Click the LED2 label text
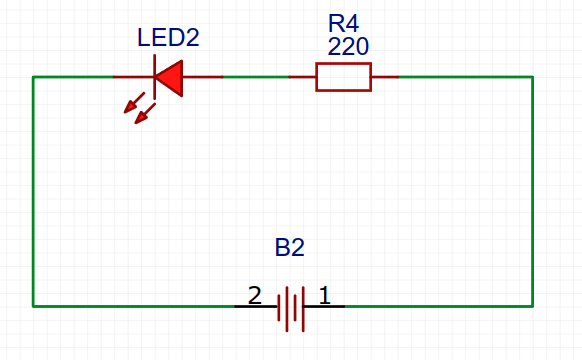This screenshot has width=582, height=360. (x=168, y=39)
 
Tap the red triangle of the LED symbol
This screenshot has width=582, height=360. (x=171, y=77)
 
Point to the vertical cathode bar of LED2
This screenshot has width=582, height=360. (x=155, y=77)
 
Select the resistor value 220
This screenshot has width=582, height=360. (x=347, y=46)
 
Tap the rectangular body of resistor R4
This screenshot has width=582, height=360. (x=343, y=77)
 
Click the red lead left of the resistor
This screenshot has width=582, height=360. (x=303, y=77)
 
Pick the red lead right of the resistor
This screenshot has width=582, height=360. (x=385, y=77)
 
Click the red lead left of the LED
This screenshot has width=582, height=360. (x=132, y=77)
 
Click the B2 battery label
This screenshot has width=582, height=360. (x=289, y=247)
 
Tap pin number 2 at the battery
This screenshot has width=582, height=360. (x=254, y=296)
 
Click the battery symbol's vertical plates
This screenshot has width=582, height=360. (x=291, y=306)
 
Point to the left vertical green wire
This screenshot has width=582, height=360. (x=33, y=190)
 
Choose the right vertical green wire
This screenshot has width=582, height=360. (x=532, y=190)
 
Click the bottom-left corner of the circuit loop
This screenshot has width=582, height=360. (x=33, y=306)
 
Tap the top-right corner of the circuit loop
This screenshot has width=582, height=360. (x=532, y=77)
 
